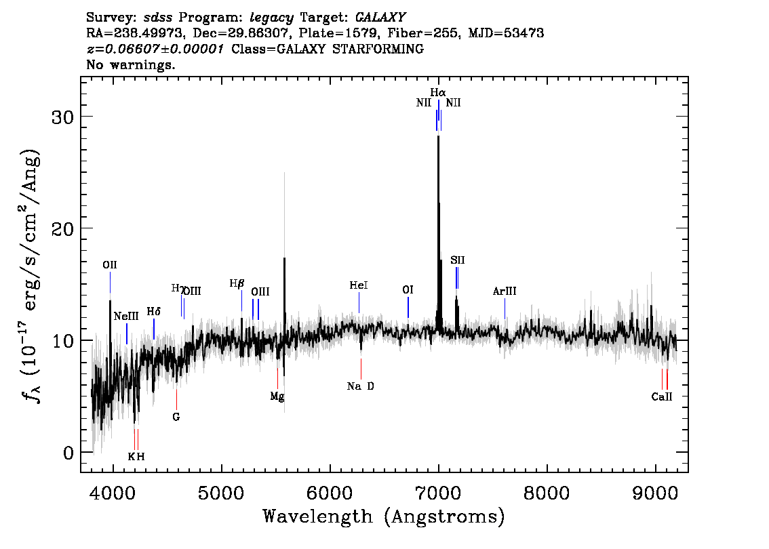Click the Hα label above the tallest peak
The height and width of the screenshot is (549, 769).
click(x=438, y=93)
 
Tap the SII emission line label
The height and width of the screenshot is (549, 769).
click(x=458, y=260)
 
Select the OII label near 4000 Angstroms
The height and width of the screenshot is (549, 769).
click(x=110, y=265)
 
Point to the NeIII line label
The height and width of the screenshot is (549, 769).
click(x=126, y=316)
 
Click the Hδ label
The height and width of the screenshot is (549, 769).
click(x=153, y=312)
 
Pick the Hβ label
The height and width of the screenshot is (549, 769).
click(x=237, y=283)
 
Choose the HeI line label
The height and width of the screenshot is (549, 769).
click(x=359, y=285)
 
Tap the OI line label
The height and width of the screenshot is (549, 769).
click(x=408, y=289)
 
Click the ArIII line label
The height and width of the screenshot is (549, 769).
click(x=505, y=291)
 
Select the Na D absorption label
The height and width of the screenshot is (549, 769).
click(x=361, y=386)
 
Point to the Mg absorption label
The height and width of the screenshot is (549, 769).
click(x=277, y=396)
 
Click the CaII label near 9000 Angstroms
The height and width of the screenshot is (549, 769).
click(x=662, y=397)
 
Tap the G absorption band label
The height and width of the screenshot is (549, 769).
click(x=176, y=417)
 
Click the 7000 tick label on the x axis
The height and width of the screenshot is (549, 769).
click(x=438, y=493)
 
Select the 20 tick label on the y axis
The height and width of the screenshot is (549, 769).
click(x=63, y=229)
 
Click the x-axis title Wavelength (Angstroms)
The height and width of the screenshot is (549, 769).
click(x=384, y=516)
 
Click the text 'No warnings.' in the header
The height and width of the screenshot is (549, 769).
click(x=130, y=64)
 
